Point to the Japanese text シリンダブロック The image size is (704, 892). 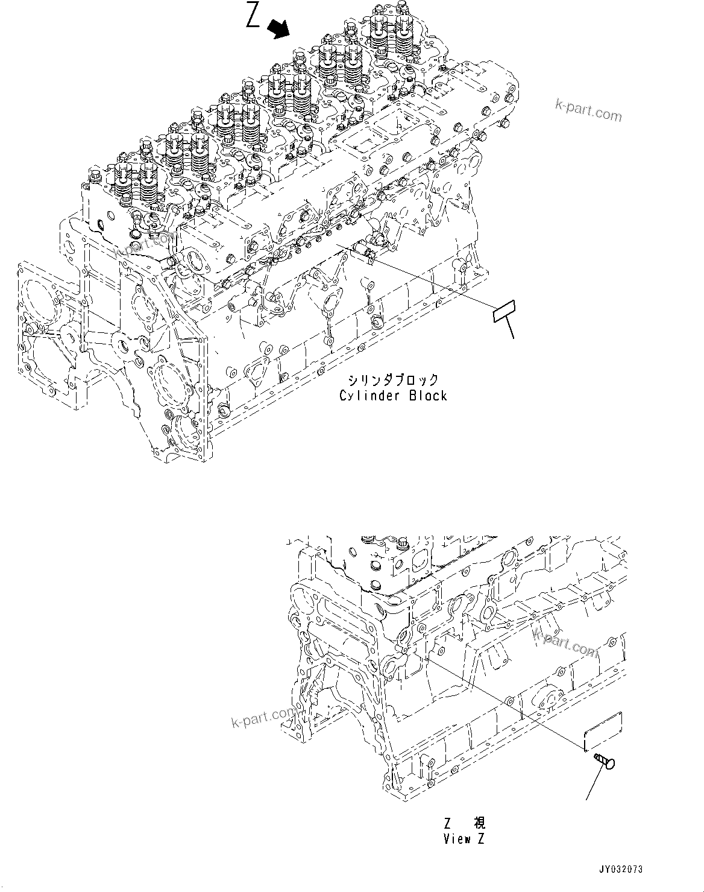[392, 380]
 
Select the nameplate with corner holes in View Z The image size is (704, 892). [603, 730]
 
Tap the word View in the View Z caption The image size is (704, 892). [457, 838]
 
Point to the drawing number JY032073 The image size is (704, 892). [621, 869]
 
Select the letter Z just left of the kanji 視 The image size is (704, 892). [448, 823]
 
